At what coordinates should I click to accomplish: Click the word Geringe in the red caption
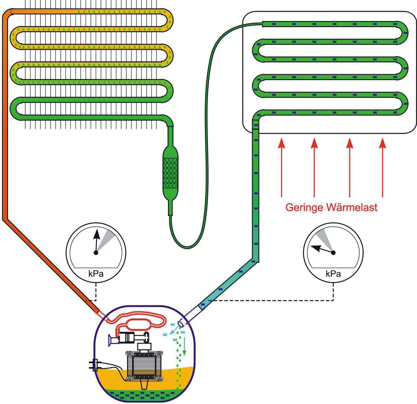304,207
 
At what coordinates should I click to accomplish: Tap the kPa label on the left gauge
96,274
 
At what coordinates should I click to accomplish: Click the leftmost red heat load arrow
280,167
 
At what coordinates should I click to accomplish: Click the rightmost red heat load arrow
382,167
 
